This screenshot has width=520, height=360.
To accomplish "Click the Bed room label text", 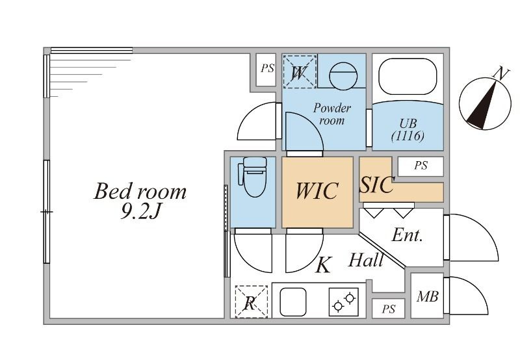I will (x=140, y=192).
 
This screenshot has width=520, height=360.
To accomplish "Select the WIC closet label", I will (x=317, y=191).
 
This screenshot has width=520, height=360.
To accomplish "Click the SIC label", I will (x=377, y=185).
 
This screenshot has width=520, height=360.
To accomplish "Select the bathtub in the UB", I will (x=408, y=77).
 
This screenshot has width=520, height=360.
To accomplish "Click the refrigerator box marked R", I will (x=250, y=302).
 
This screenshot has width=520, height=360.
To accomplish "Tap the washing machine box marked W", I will (x=299, y=71).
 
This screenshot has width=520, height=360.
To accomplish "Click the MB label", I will (x=427, y=297).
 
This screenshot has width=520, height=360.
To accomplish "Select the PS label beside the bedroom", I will (x=267, y=68).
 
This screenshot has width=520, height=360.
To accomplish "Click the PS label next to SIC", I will (x=421, y=166).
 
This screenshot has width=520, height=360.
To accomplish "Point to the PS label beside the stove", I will (x=388, y=309).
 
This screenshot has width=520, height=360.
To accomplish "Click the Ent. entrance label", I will (x=408, y=235).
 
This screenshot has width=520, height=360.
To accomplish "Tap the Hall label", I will (x=366, y=261).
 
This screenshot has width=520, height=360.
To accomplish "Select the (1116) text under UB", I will (x=408, y=136).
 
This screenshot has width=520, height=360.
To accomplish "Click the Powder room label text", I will (x=332, y=114).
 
